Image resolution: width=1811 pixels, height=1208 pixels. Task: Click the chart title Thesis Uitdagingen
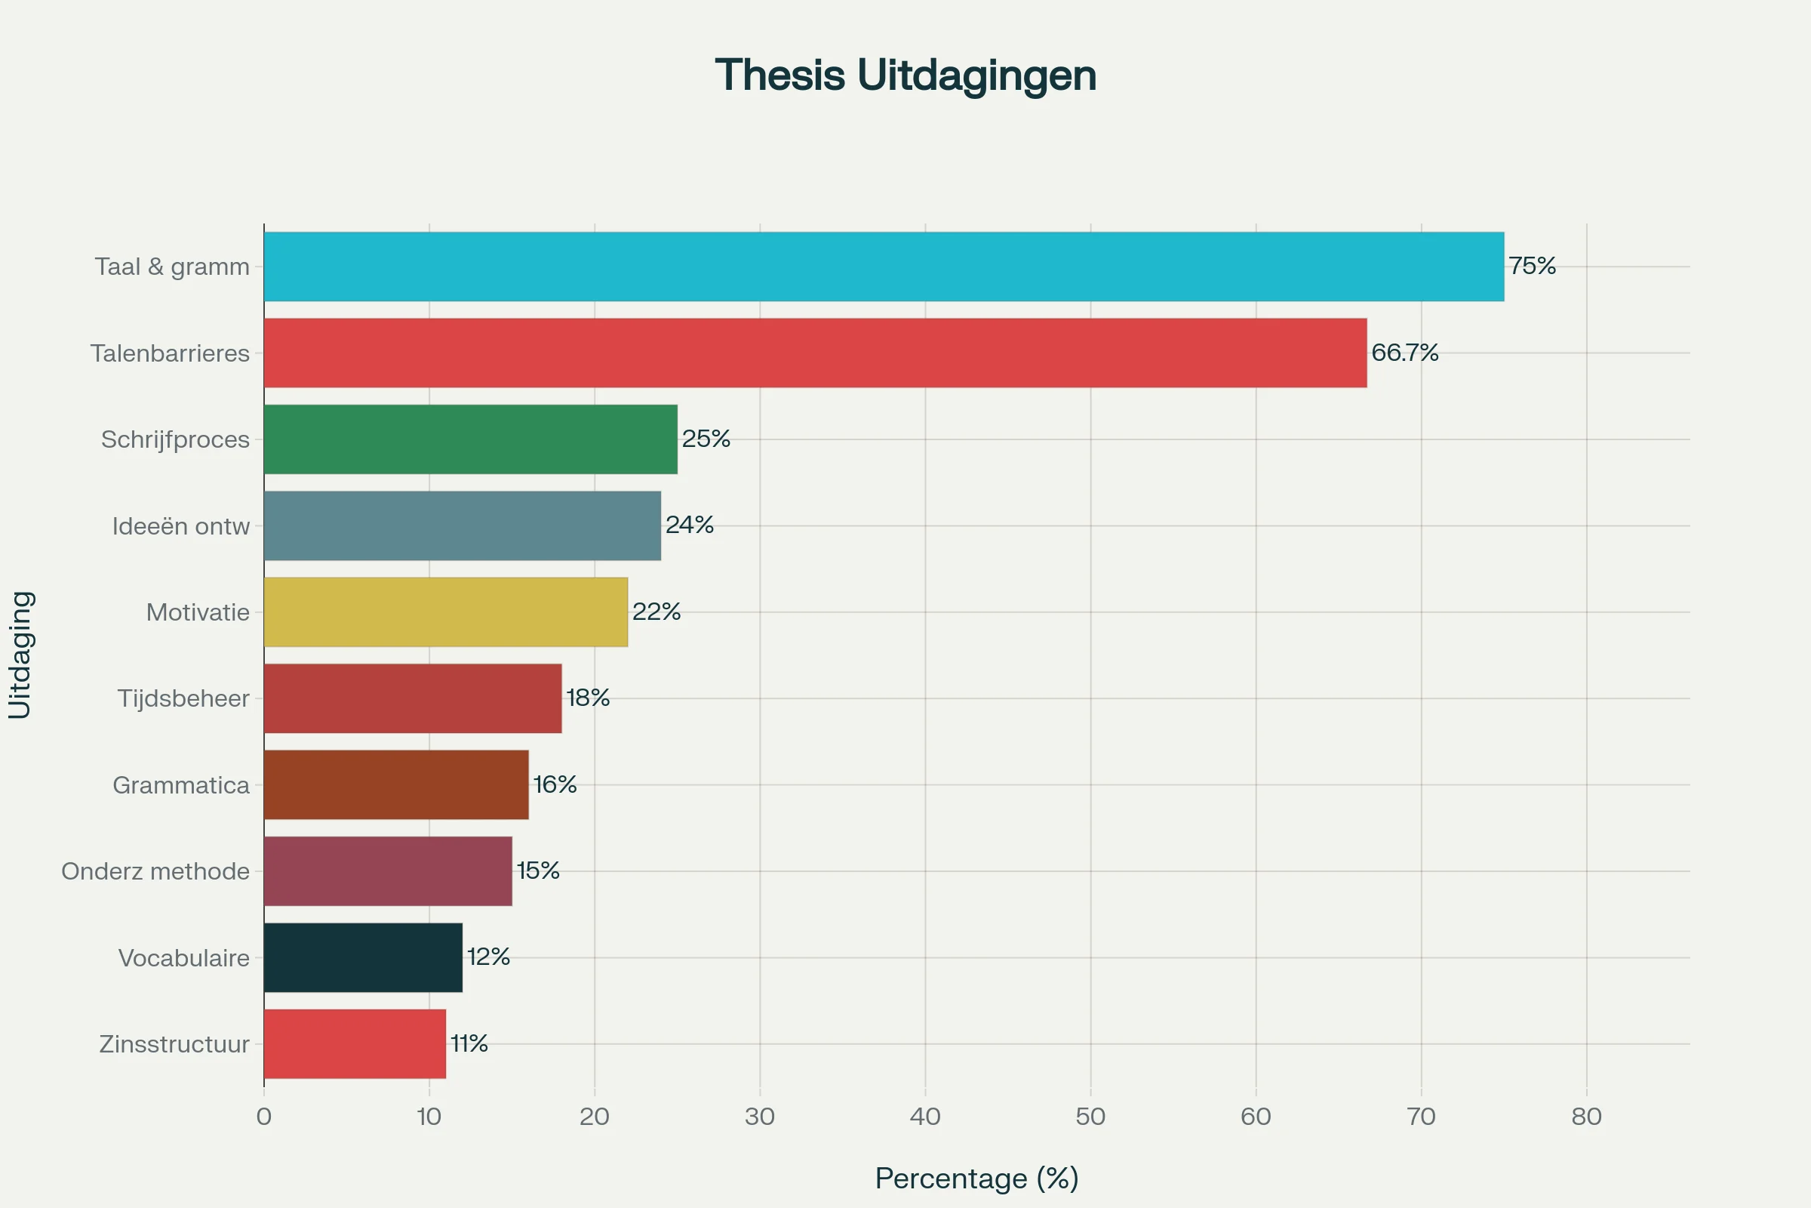[x=906, y=75]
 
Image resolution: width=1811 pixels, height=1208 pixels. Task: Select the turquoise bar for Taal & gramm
[x=883, y=267]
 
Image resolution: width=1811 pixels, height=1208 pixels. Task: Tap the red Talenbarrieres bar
[x=815, y=353]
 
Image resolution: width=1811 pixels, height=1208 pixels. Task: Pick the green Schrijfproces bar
[x=470, y=439]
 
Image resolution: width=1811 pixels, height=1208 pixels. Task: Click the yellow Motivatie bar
[x=445, y=612]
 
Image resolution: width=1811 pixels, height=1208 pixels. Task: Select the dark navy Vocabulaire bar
[x=363, y=957]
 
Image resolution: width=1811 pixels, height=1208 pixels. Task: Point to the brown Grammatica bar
[x=395, y=784]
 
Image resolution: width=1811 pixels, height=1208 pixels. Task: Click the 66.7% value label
[x=1404, y=353]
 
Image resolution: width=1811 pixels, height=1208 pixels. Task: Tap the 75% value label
[x=1532, y=267]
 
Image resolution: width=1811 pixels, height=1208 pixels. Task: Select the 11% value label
[x=469, y=1044]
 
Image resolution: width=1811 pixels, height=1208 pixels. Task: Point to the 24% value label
[x=689, y=525]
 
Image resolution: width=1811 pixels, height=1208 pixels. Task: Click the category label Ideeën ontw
[x=181, y=526]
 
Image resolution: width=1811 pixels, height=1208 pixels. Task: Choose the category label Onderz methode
[x=155, y=871]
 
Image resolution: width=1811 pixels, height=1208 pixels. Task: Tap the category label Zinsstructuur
[x=174, y=1045]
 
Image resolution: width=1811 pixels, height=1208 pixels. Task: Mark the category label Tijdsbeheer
[x=183, y=699]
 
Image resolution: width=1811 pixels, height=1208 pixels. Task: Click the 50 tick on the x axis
[x=1090, y=1117]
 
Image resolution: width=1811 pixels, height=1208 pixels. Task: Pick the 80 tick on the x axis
[x=1586, y=1117]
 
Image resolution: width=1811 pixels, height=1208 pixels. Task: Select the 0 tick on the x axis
[x=264, y=1117]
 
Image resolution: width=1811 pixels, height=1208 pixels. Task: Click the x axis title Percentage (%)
[x=976, y=1178]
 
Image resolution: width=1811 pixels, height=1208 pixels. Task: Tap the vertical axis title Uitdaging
[x=20, y=655]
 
